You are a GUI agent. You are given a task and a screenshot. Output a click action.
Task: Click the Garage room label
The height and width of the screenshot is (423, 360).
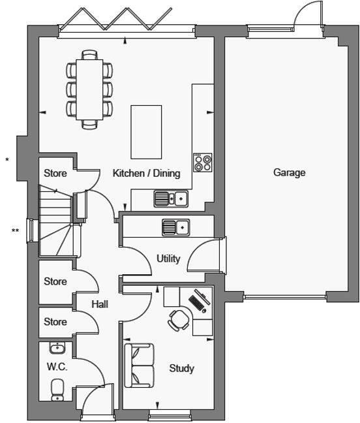[x=289, y=173]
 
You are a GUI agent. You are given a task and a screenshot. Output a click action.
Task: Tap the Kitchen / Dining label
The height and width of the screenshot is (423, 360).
[x=146, y=174]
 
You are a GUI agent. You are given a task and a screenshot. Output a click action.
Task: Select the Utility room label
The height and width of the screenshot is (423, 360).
[x=168, y=258]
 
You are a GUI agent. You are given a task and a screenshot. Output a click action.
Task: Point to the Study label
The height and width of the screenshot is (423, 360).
[x=181, y=368]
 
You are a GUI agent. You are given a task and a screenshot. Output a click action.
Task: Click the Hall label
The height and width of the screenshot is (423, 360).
[x=100, y=304]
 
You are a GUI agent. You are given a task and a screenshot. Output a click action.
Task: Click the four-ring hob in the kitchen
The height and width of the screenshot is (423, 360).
[x=203, y=162]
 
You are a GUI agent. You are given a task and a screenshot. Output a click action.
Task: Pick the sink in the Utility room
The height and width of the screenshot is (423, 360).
[x=175, y=227]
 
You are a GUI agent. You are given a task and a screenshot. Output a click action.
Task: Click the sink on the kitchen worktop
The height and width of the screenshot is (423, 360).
[x=171, y=198]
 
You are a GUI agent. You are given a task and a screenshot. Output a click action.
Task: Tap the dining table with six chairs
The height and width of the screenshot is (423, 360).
[x=89, y=89]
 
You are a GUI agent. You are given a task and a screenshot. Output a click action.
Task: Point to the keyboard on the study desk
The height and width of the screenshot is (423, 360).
[x=197, y=302]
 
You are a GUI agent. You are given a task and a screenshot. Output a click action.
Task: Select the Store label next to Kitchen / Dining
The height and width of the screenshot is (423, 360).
[x=55, y=174]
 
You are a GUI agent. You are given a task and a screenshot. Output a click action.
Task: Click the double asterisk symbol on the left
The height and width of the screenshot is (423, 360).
[x=14, y=230]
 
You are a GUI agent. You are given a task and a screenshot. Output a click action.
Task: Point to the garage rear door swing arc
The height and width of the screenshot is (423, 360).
[x=305, y=14]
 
